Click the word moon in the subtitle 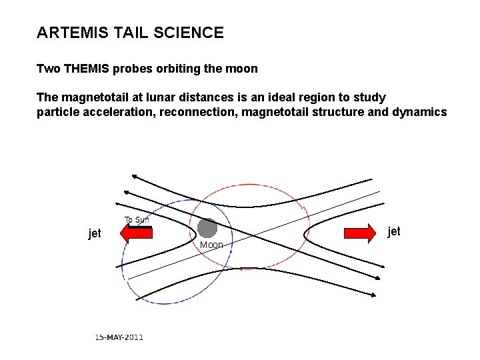(242, 69)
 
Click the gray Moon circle (207, 228)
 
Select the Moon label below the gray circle (211, 245)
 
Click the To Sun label (137, 220)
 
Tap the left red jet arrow (136, 232)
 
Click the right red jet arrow (360, 232)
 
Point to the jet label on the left (95, 233)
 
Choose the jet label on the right (394, 231)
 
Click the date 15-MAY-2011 (119, 337)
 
